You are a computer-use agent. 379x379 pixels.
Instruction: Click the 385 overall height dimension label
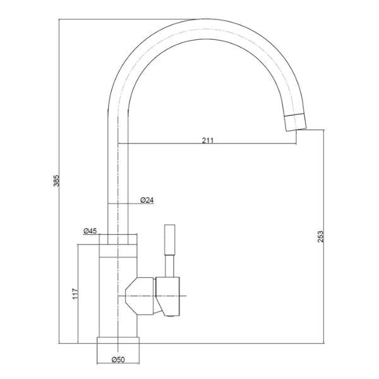pyautogui.click(x=56, y=181)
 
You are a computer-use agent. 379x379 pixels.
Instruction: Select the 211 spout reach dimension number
pyautogui.click(x=208, y=140)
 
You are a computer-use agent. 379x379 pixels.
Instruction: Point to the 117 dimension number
pyautogui.click(x=75, y=294)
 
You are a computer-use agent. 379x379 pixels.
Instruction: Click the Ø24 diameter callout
pyautogui.click(x=147, y=200)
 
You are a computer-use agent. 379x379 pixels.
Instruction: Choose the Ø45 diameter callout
pyautogui.click(x=90, y=231)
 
